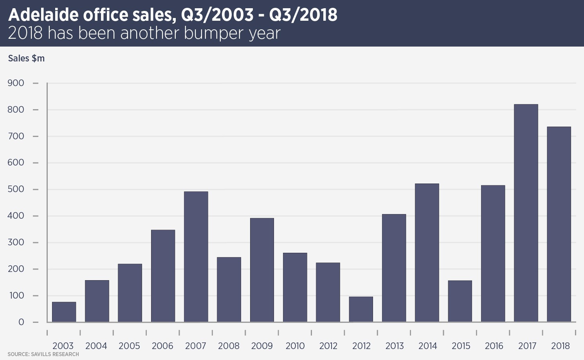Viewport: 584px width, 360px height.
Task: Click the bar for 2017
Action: pyautogui.click(x=526, y=213)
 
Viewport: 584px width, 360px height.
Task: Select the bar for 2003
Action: pyautogui.click(x=64, y=312)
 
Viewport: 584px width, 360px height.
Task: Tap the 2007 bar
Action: pyautogui.click(x=196, y=257)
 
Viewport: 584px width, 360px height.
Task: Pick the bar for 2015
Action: pyautogui.click(x=460, y=301)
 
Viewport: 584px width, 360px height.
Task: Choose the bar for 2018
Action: pyautogui.click(x=559, y=224)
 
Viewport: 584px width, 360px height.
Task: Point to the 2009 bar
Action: pyautogui.click(x=262, y=270)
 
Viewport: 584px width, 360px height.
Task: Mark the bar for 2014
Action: pyautogui.click(x=427, y=253)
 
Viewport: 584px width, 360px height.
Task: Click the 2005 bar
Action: pyautogui.click(x=130, y=293)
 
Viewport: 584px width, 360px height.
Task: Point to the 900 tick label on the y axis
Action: pyautogui.click(x=16, y=83)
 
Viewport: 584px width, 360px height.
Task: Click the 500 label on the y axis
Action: pyautogui.click(x=16, y=189)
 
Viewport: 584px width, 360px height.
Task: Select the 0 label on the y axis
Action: pyautogui.click(x=21, y=322)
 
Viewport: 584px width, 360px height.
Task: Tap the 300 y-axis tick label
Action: pyautogui.click(x=16, y=243)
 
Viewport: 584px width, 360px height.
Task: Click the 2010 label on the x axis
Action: pyautogui.click(x=295, y=346)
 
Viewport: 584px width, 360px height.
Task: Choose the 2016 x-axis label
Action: pyautogui.click(x=494, y=346)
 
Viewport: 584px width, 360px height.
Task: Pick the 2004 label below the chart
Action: pyautogui.click(x=96, y=346)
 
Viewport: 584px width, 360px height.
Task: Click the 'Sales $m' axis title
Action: pyautogui.click(x=26, y=58)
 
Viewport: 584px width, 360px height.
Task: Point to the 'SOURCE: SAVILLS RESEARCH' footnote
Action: pyautogui.click(x=43, y=355)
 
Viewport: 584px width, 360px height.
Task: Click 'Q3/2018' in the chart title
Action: pyautogui.click(x=303, y=15)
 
